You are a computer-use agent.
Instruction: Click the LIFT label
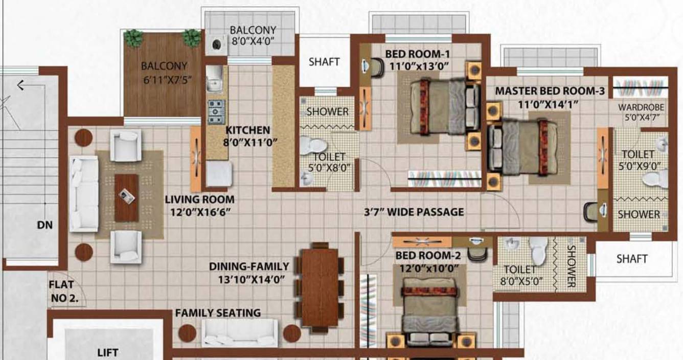[x=108, y=352]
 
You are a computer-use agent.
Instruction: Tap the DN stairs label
[x=45, y=224]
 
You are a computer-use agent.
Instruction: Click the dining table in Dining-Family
[x=320, y=286]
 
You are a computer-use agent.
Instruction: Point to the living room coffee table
[x=126, y=197]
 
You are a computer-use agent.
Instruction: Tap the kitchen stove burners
[x=215, y=111]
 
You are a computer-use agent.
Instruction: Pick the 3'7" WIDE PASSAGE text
[x=414, y=212]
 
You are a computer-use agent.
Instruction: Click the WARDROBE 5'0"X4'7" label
[x=641, y=112]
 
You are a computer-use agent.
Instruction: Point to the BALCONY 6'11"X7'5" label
[x=164, y=73]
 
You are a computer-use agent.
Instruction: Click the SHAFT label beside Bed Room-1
[x=324, y=62]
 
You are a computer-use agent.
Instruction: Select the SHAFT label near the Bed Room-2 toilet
[x=632, y=259]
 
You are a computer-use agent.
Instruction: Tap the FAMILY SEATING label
[x=218, y=312]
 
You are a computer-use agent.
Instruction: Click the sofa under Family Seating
[x=239, y=332]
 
